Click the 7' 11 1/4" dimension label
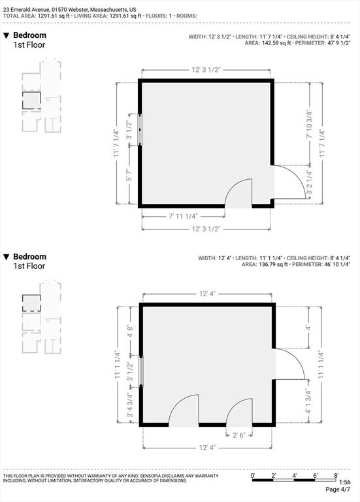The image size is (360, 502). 184,216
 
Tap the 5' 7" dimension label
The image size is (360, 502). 129,175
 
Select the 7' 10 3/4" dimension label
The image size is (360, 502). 310,124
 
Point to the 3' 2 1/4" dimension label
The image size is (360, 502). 310,182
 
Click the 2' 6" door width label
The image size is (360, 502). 238,435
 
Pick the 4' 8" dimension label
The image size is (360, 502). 130,331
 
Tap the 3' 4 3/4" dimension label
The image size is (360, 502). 130,405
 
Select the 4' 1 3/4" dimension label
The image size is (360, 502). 308,401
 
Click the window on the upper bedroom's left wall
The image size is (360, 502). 140,129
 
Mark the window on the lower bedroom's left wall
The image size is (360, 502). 141,371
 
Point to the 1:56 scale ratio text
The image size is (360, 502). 344,482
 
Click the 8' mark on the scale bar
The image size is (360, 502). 336,476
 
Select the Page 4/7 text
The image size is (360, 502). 338,490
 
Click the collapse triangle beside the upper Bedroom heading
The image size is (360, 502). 7,35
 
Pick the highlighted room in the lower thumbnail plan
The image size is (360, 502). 31,303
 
